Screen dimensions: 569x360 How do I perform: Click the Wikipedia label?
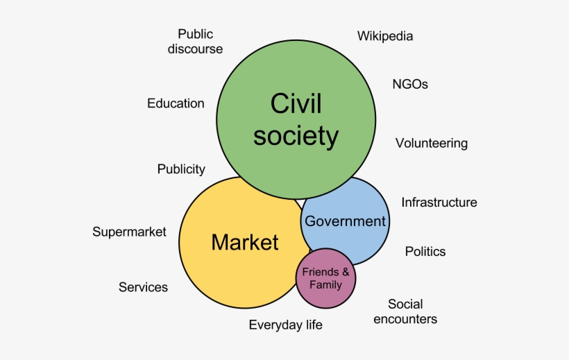(385, 36)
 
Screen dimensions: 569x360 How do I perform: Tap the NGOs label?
(410, 85)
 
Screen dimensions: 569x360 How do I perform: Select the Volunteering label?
(432, 144)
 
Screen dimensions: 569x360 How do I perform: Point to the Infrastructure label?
(439, 203)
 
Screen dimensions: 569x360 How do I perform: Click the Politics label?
(425, 251)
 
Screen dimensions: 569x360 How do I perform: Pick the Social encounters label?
(405, 311)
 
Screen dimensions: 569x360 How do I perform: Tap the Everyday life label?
(286, 325)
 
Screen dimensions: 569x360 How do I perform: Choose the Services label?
(143, 287)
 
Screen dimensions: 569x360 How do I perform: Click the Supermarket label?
(129, 232)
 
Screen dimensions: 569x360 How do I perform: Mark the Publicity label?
(181, 169)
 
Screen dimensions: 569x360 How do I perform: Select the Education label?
(176, 103)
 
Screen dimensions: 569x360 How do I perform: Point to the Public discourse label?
(195, 41)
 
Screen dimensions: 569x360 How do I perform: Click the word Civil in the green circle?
(296, 104)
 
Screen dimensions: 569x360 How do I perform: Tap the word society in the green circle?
(296, 135)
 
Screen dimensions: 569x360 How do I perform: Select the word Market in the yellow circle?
(245, 242)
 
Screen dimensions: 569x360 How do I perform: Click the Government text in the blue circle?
(345, 221)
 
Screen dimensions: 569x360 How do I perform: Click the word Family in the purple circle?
(326, 284)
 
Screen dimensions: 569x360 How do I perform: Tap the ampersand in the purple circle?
(346, 273)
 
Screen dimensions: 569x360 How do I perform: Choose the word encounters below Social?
(405, 319)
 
